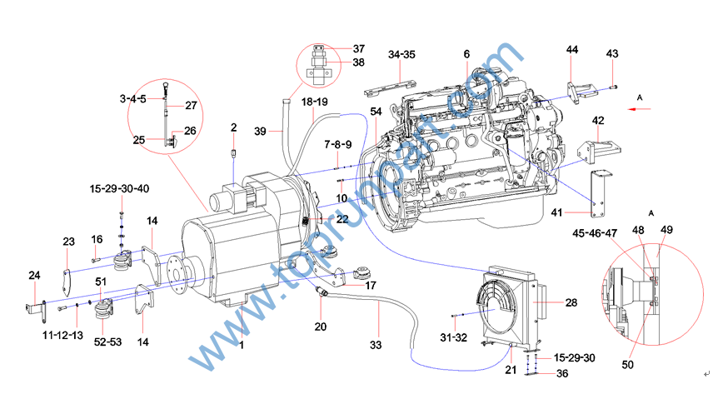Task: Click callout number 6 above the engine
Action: [x=466, y=54]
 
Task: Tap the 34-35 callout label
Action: [x=401, y=55]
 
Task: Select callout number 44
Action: [x=572, y=50]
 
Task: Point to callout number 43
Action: [x=612, y=53]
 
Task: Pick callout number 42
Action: [x=599, y=121]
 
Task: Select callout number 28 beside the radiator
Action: [x=571, y=303]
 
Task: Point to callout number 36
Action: [x=564, y=373]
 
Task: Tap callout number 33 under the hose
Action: [x=376, y=344]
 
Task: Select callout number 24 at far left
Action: [x=34, y=276]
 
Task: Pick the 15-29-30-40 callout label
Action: [x=120, y=189]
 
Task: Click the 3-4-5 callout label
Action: [x=133, y=98]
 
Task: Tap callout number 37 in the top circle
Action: [x=358, y=48]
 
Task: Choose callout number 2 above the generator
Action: [x=234, y=127]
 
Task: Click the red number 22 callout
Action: [x=342, y=219]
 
